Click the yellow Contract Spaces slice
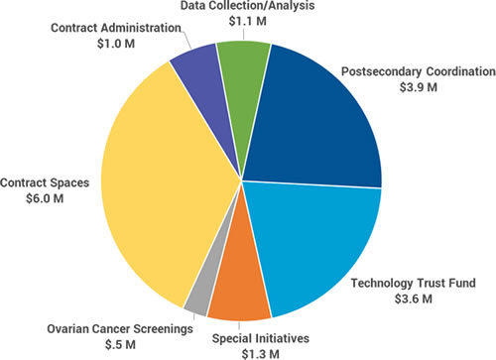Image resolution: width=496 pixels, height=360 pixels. point(159,179)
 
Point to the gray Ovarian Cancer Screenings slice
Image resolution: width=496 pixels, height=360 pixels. point(198,300)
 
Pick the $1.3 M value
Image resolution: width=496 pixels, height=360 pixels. point(250,352)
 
